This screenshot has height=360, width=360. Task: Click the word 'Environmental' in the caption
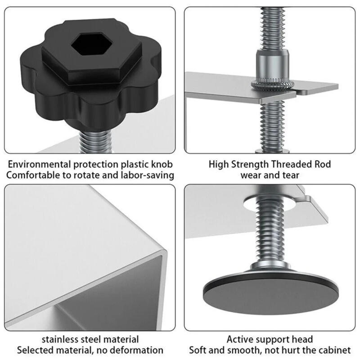pos(38,164)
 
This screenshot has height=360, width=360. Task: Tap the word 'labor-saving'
pos(147,175)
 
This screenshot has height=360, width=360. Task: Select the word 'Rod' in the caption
pos(323,164)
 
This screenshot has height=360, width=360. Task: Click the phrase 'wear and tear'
pos(270,175)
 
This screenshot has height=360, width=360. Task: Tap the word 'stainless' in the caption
pos(61,339)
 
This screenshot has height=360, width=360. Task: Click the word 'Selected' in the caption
pos(34,350)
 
